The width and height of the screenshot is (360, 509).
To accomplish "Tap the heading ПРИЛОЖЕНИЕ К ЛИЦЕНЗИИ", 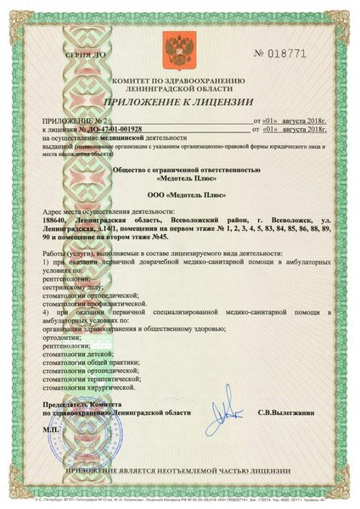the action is pos(180,103).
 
